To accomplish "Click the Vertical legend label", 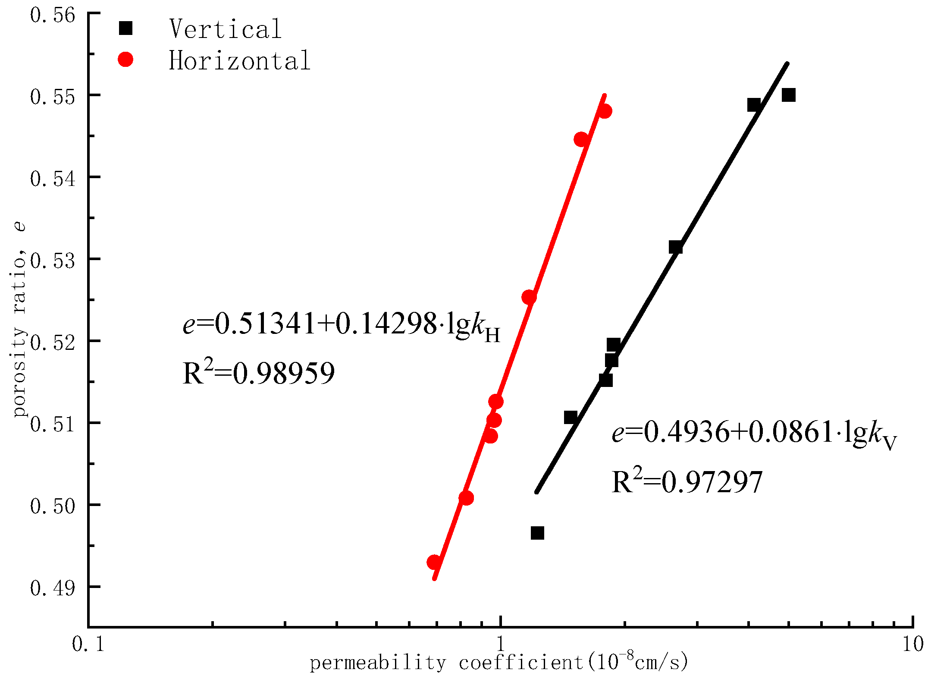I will coord(225,29).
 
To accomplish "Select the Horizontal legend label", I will coord(239,60).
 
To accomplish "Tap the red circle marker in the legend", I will coord(125,59).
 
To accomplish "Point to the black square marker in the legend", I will coord(125,28).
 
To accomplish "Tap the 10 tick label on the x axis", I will coord(912,644).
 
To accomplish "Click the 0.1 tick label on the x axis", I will coord(88,644).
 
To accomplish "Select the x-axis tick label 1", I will coord(500,644).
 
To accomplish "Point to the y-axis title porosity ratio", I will coord(19,319).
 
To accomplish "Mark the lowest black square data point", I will coord(537,533).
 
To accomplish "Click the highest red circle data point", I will coord(605,111).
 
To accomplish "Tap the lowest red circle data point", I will coord(434,563).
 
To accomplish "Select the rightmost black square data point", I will coord(788,95).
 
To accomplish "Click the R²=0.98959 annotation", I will coord(258,373).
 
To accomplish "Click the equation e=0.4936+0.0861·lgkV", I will coord(754,433).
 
